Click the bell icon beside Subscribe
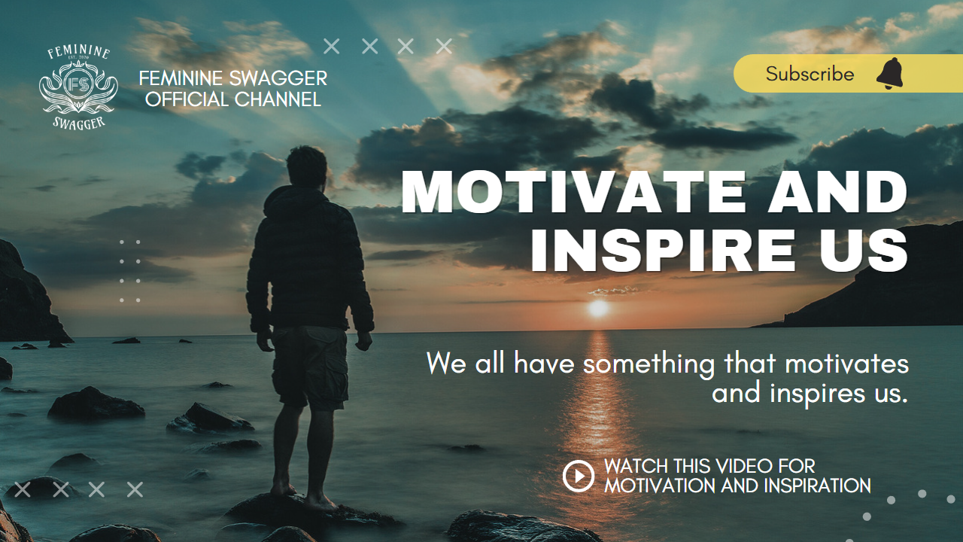tap(890, 74)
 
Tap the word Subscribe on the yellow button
tap(810, 74)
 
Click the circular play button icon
tap(579, 476)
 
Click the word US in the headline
tap(864, 251)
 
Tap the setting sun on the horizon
tap(598, 308)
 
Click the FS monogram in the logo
tap(78, 85)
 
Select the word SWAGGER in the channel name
tap(278, 79)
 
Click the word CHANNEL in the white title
tap(278, 99)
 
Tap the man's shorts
tap(309, 367)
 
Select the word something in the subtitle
tap(649, 364)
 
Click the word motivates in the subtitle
tap(847, 364)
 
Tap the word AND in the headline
tap(838, 192)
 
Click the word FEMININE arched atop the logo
tap(79, 52)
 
